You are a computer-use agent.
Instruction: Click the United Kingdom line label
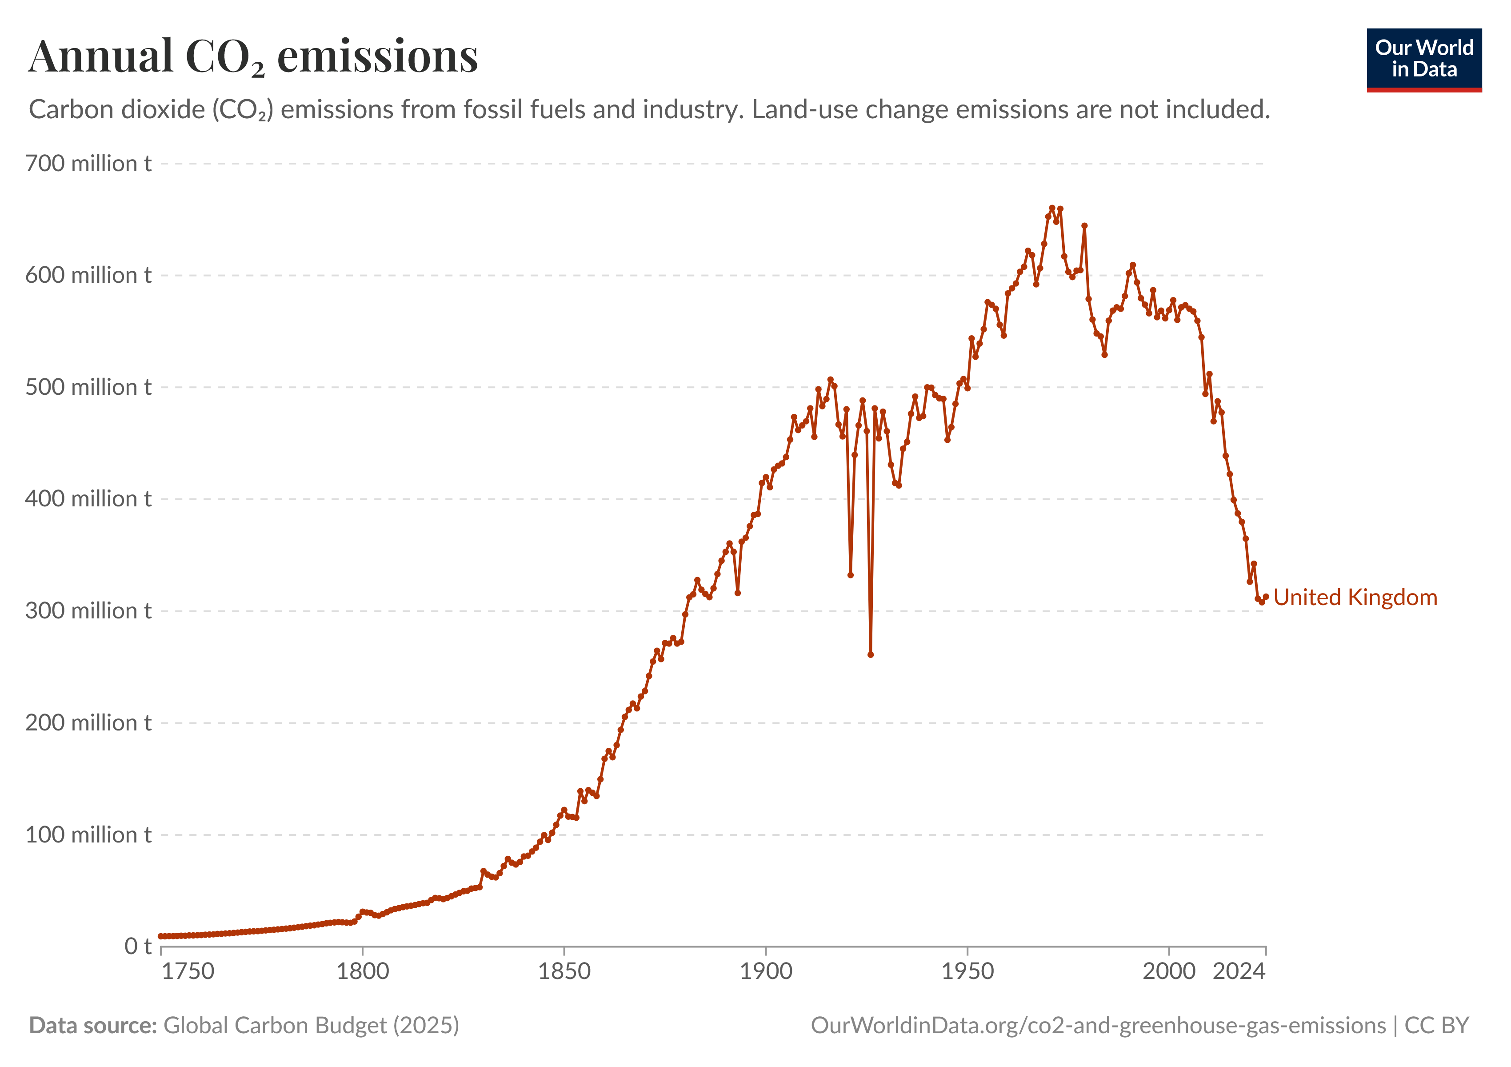[x=1355, y=597]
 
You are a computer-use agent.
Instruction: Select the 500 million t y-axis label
[x=88, y=387]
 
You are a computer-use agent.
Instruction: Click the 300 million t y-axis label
[x=88, y=611]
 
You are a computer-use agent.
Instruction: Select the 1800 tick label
[x=363, y=971]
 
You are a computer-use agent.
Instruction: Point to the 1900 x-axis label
[x=766, y=971]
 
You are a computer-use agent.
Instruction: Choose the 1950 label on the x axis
[x=967, y=971]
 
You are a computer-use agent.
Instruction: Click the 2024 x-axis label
[x=1239, y=971]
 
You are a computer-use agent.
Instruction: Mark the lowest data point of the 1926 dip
[x=871, y=655]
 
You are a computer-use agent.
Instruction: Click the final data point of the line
[x=1266, y=596]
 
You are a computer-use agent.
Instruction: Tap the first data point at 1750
[x=161, y=936]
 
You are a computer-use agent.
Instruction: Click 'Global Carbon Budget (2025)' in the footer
[x=311, y=1026]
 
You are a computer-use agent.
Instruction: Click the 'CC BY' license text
[x=1437, y=1026]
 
